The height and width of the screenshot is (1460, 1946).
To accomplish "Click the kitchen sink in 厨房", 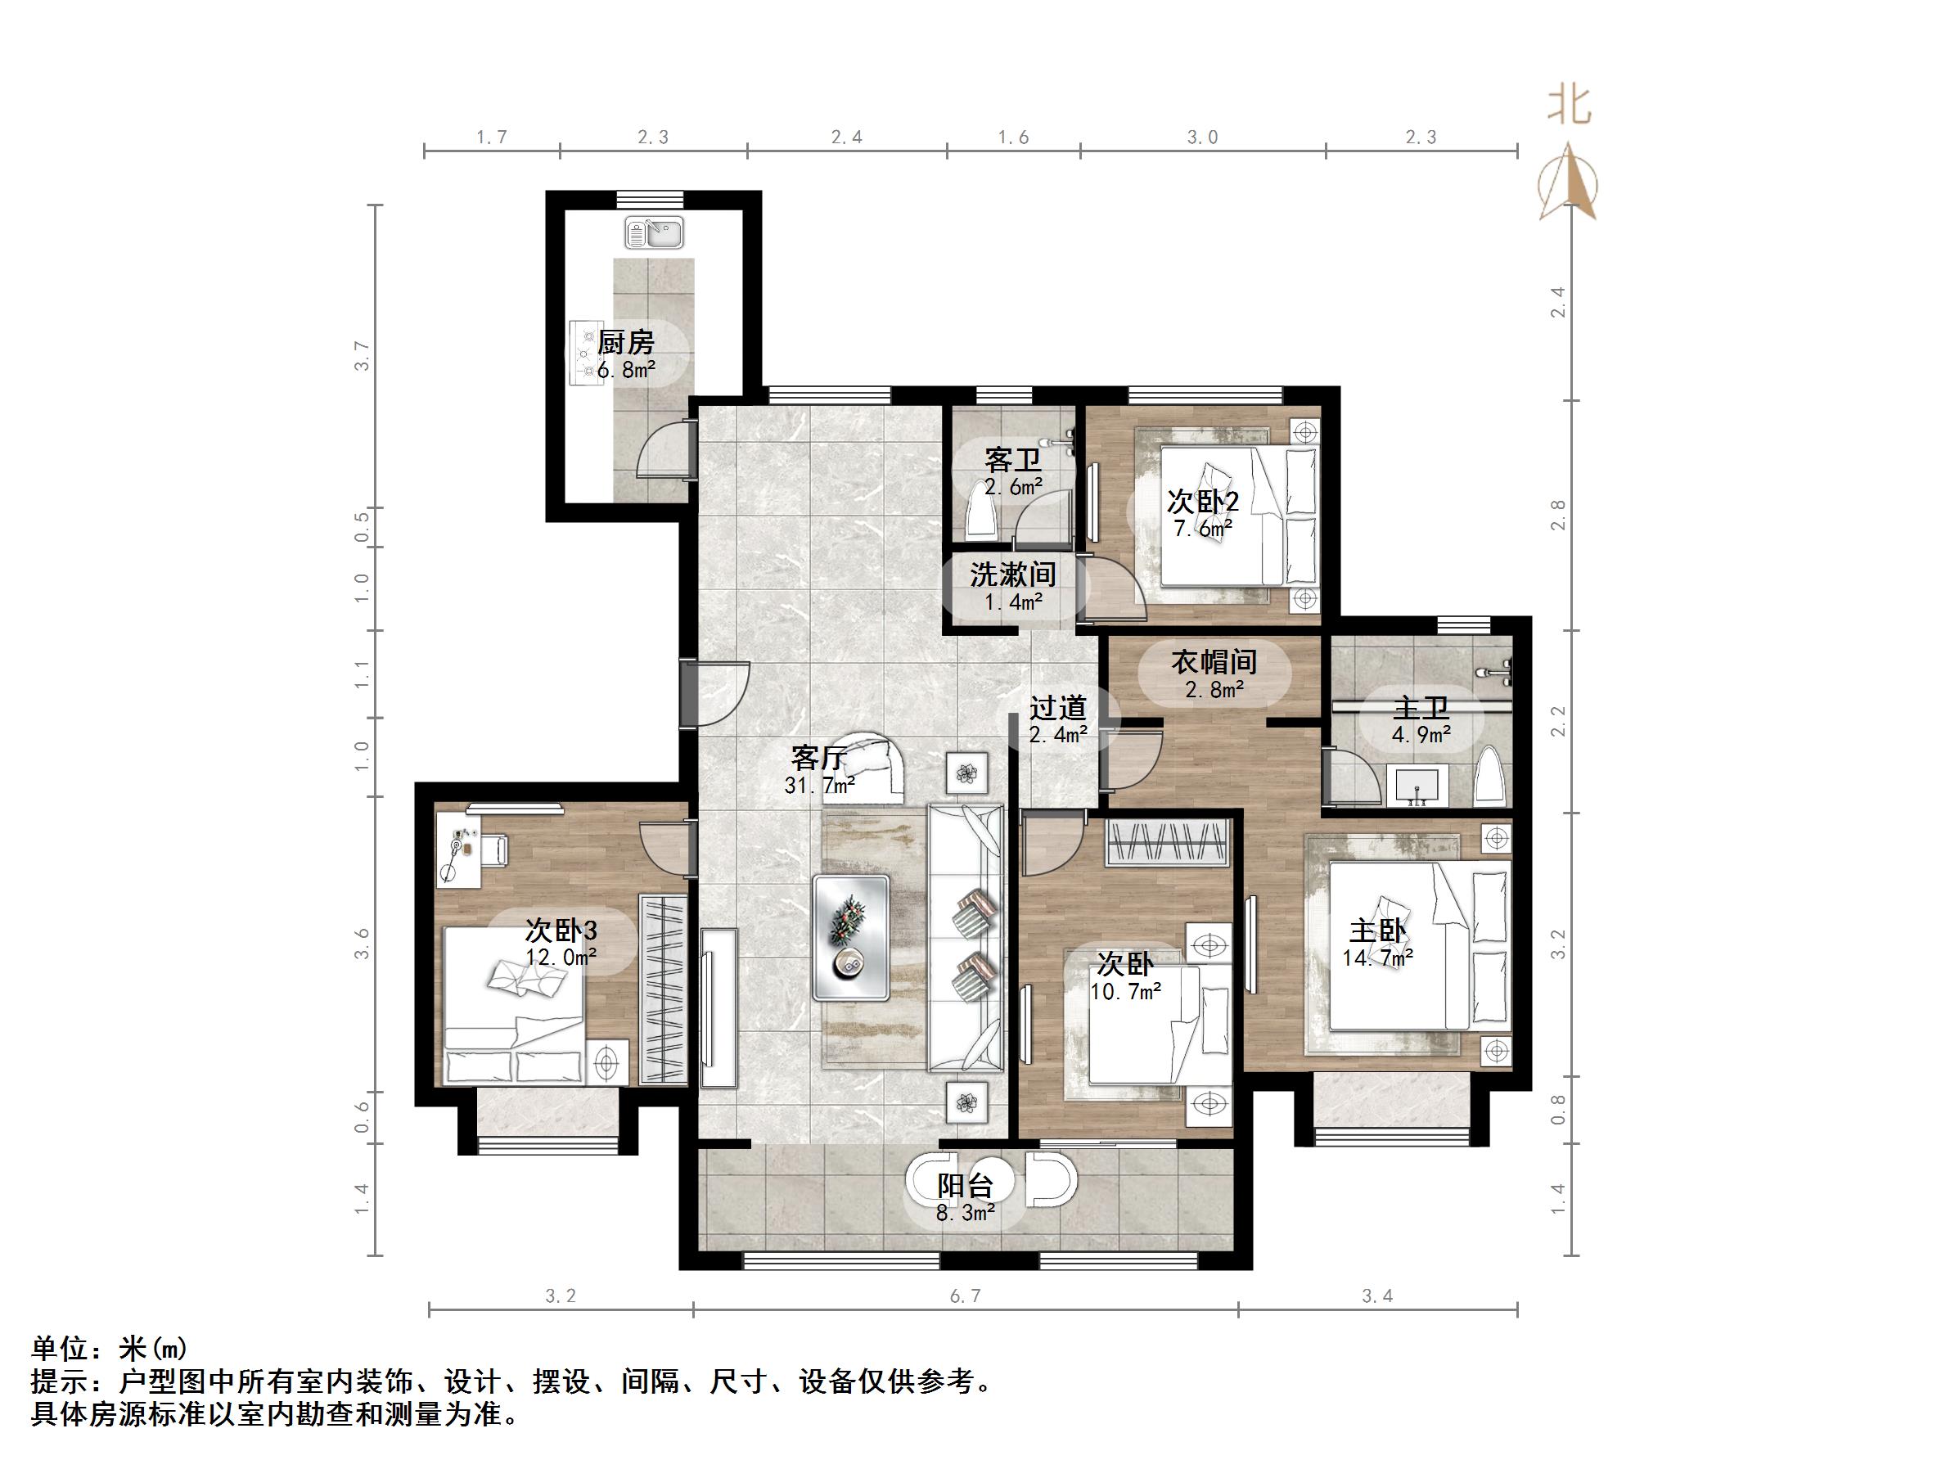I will tap(654, 234).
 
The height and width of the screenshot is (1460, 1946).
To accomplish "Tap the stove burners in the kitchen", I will tap(584, 353).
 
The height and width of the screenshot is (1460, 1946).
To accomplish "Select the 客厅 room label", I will tap(818, 758).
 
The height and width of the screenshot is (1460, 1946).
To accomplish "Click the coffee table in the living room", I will tap(851, 937).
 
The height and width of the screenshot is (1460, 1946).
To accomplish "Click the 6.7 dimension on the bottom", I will tap(964, 1296).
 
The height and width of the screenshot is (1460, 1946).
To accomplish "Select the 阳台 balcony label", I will tap(964, 1187).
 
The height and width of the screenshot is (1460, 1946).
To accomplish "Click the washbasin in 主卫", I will tap(1417, 785).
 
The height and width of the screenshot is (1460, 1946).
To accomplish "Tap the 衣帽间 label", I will tap(1213, 662).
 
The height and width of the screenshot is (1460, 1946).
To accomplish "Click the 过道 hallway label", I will tap(1057, 709).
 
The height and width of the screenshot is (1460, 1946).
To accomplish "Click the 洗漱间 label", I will tap(1012, 575).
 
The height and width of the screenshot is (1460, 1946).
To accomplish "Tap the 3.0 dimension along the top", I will tap(1202, 137).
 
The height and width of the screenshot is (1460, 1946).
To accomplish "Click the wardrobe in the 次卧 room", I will tap(1168, 841).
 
